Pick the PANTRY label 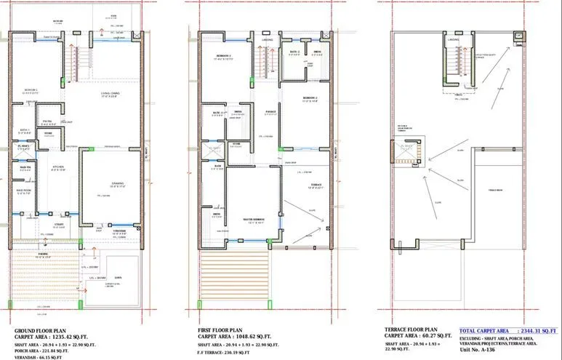47,121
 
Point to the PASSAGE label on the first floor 269,111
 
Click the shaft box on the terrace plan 406,153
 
